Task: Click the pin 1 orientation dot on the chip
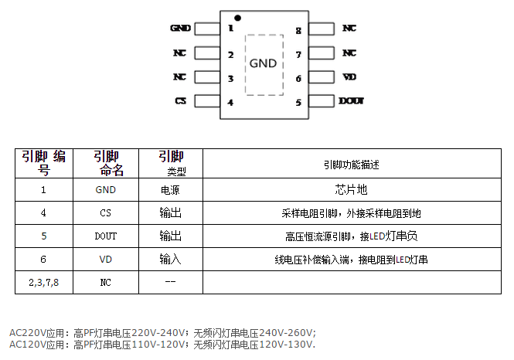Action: [238, 17]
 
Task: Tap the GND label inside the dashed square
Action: [263, 63]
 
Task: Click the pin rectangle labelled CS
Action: [206, 101]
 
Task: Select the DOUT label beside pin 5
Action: [351, 101]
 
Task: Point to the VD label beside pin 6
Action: [349, 77]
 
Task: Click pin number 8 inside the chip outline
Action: [298, 31]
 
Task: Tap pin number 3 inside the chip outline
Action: [230, 78]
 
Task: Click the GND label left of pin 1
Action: [180, 29]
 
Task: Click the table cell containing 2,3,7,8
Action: [43, 283]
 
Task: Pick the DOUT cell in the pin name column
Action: [106, 236]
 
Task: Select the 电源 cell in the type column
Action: [170, 189]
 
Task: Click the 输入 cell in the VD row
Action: [170, 260]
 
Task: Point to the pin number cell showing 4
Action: [43, 212]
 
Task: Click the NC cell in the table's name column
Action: [106, 283]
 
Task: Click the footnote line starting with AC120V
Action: [162, 345]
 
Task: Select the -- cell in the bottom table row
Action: [170, 283]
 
